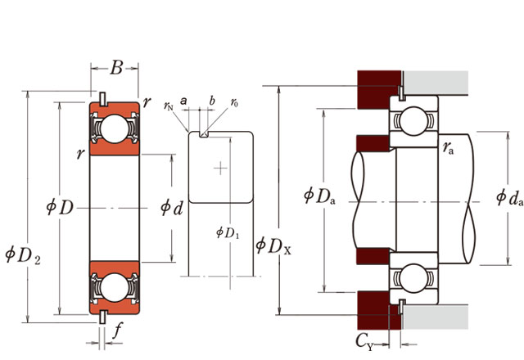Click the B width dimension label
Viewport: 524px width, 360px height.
pyautogui.click(x=116, y=69)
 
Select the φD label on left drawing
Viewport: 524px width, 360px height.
pyautogui.click(x=61, y=207)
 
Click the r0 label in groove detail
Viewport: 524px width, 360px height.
pyautogui.click(x=234, y=103)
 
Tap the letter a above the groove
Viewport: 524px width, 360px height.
pyautogui.click(x=184, y=101)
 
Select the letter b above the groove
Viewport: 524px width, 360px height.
pyautogui.click(x=212, y=101)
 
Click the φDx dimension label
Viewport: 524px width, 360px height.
pyautogui.click(x=273, y=244)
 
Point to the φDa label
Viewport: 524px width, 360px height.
pyautogui.click(x=318, y=196)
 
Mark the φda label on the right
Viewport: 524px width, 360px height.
pyautogui.click(x=508, y=197)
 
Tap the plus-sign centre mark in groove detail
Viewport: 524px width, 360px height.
pyautogui.click(x=219, y=169)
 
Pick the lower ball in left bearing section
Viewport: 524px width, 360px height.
pyautogui.click(x=115, y=286)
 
